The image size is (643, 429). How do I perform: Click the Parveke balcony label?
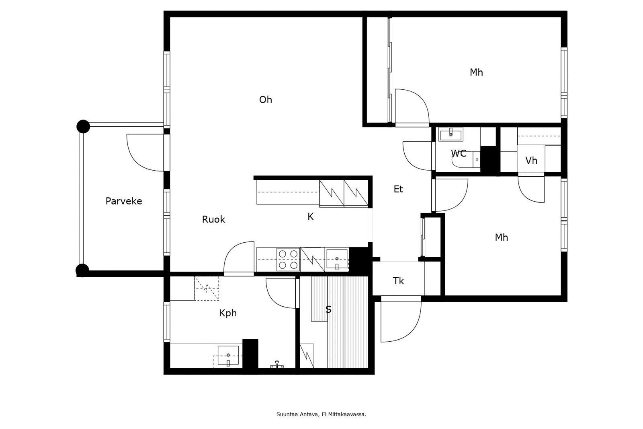pos(124,201)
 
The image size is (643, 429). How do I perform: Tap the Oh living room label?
pos(265,99)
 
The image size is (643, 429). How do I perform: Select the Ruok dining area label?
pos(213,219)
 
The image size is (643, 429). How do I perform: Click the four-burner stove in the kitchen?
pos(288,260)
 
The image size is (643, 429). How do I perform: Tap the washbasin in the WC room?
pos(451,134)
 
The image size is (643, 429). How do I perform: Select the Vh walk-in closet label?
pos(531,161)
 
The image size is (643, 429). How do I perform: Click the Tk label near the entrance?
pos(398,281)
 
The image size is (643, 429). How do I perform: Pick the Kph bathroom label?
pos(227,313)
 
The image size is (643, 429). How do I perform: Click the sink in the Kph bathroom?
pos(228,356)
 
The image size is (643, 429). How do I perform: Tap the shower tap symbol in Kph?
pos(276,365)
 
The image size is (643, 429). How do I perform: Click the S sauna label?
pos(328,309)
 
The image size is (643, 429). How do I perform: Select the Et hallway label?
pos(398,189)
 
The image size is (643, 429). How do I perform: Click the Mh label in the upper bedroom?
pos(476,72)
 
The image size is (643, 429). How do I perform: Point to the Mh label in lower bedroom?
pos(501,237)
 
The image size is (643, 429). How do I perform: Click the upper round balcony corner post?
pos(83,126)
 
